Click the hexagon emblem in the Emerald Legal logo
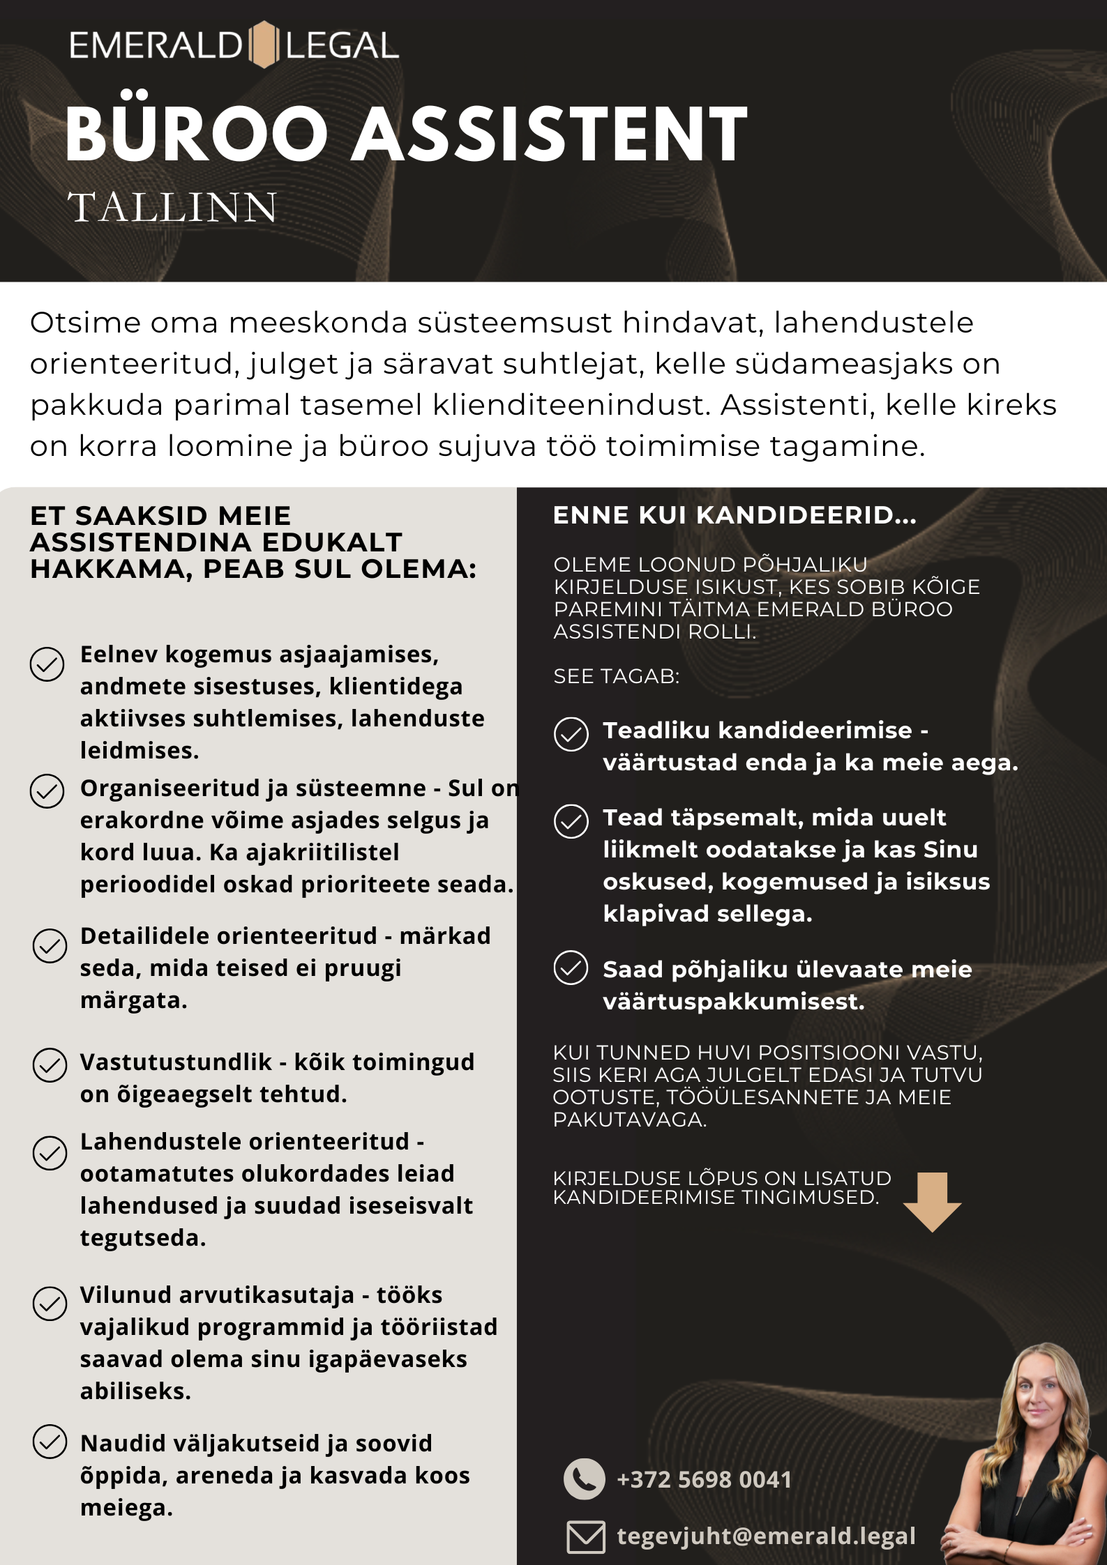click(263, 45)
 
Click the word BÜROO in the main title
click(196, 134)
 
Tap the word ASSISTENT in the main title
click(549, 134)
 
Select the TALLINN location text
click(172, 208)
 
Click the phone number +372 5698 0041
click(704, 1479)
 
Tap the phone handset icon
click(584, 1479)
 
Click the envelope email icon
click(585, 1537)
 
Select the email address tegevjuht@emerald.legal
click(766, 1536)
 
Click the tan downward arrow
click(932, 1201)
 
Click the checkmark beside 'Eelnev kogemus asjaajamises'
click(47, 664)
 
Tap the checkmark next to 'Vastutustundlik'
click(50, 1065)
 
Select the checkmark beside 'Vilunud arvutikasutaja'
click(50, 1304)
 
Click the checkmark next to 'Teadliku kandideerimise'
click(571, 734)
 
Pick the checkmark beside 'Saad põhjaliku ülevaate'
click(571, 968)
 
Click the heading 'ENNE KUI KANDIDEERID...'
click(735, 515)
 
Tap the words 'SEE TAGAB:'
click(616, 676)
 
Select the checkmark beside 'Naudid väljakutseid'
click(50, 1442)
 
